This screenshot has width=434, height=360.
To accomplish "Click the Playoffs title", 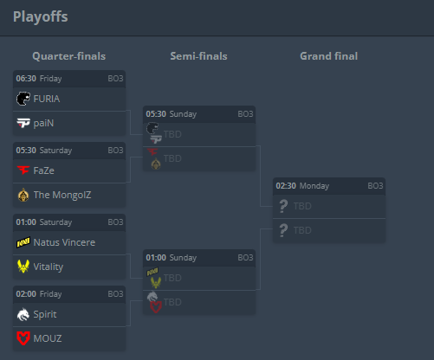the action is coord(41,16).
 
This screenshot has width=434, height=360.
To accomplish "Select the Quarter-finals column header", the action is coord(69,56).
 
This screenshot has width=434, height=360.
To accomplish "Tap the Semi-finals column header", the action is coord(198,56).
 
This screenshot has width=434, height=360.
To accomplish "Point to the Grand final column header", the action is coord(329,56).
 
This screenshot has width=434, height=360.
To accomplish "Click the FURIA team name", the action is coord(47,99).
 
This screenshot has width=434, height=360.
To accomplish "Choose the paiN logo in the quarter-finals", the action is coord(23,123).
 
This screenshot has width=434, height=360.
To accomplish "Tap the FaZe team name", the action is coord(44,170).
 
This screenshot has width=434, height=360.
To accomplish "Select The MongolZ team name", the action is coord(62,195).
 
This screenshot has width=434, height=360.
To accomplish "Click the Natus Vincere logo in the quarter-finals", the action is coord(23,242).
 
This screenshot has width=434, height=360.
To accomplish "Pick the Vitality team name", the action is coord(49,267).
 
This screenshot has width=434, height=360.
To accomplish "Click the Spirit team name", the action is coord(45,314).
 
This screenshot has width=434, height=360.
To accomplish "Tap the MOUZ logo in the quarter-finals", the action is coord(23,338).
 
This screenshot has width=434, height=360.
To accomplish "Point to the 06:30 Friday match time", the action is coord(39,79).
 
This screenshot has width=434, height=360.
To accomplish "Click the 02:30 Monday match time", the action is coord(302,186).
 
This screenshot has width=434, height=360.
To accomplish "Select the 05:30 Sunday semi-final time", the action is coord(172,114).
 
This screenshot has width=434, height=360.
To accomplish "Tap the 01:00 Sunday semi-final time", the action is coord(172,258).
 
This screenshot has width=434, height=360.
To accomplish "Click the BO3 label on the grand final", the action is coord(375,186).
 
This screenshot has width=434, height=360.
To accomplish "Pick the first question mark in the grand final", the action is coord(283,206).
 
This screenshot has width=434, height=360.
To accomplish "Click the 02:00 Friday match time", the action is coord(39,294).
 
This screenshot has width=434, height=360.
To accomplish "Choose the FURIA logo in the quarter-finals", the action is coord(23,99).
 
